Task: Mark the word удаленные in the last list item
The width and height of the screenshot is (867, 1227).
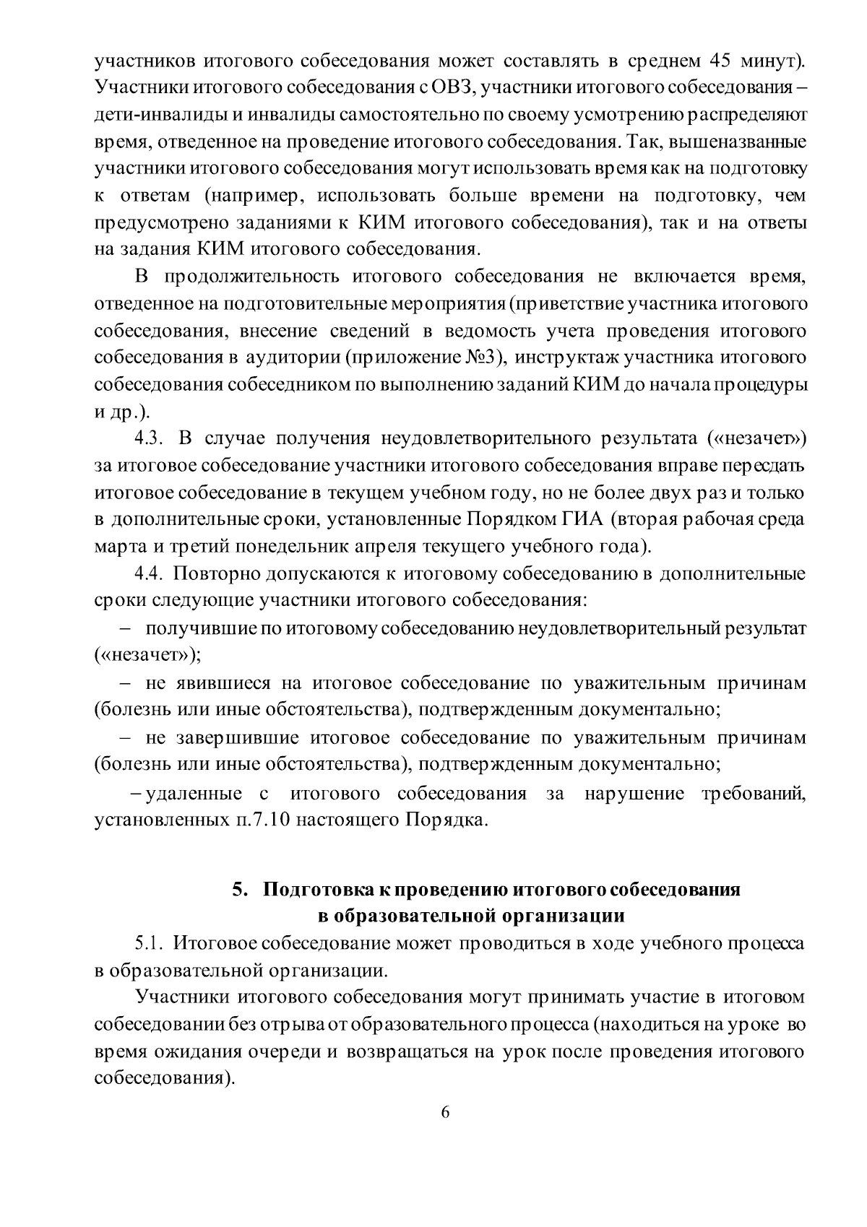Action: (194, 794)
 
